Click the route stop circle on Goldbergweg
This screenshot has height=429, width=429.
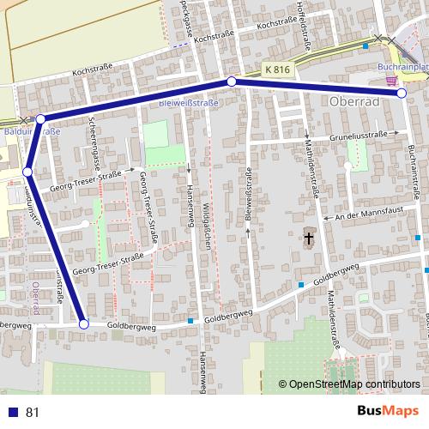[83, 324]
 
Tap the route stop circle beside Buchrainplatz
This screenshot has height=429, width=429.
[402, 93]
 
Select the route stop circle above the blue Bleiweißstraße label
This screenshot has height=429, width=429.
[231, 82]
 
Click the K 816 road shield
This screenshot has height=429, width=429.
[278, 68]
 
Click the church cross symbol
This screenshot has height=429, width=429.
[308, 236]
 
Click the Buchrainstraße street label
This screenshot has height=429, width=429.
[414, 172]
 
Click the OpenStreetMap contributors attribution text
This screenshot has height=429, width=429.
[349, 385]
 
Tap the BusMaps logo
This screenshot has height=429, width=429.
[388, 412]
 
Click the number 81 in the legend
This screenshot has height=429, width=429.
[33, 413]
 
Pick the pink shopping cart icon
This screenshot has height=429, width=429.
[391, 81]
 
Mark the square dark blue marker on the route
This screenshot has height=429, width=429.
[27, 172]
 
